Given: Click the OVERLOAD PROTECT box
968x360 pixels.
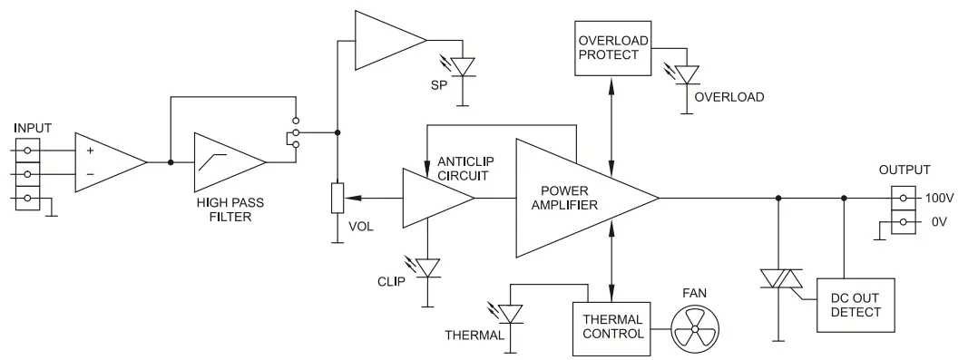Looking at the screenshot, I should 611,46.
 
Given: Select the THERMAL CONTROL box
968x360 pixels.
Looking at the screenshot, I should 612,326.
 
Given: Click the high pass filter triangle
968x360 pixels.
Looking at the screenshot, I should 227,163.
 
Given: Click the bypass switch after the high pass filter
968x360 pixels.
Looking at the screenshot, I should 294,139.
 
